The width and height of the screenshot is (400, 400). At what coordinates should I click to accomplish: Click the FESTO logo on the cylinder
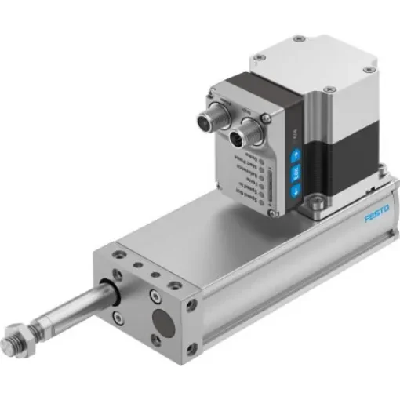click(x=378, y=217)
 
